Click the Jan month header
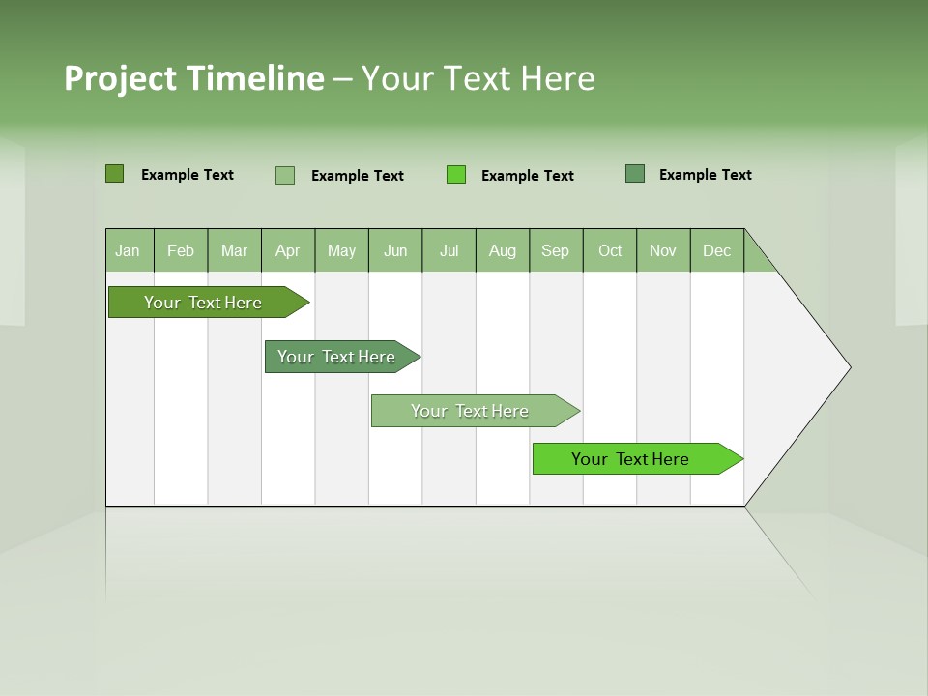129,250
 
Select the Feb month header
181,250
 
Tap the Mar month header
234,250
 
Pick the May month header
341,250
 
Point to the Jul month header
449,250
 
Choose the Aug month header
503,250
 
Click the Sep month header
556,250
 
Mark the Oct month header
610,250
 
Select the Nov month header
663,250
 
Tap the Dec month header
717,250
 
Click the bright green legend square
456,175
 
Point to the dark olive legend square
114,174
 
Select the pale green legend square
285,175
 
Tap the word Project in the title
121,78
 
